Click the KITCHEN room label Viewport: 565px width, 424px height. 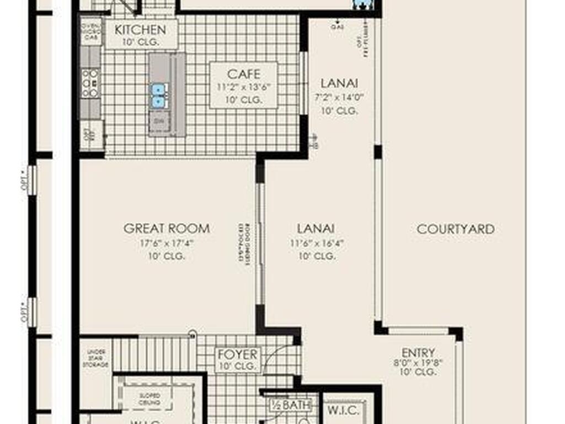coord(140,29)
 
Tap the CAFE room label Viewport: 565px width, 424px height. coord(243,74)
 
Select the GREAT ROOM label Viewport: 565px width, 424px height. coord(166,229)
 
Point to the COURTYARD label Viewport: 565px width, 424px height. coord(455,229)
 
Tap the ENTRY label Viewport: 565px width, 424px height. coord(418,352)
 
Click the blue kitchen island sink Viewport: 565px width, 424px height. coord(158,96)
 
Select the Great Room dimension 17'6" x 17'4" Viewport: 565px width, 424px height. coord(166,243)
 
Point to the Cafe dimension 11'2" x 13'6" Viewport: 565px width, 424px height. coord(243,87)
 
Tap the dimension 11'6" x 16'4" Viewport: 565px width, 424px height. coord(316,243)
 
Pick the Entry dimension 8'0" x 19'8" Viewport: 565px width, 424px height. coord(418,363)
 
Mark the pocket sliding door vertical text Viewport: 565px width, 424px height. coord(242,245)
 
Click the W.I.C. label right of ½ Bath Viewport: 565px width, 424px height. coord(344,411)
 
